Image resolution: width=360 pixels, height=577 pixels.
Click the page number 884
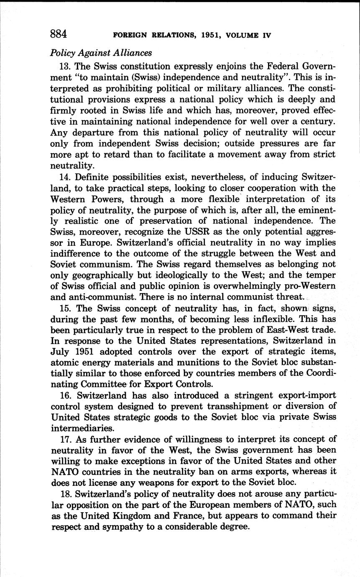click(x=59, y=33)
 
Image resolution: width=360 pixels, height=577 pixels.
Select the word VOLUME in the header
click(x=243, y=36)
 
